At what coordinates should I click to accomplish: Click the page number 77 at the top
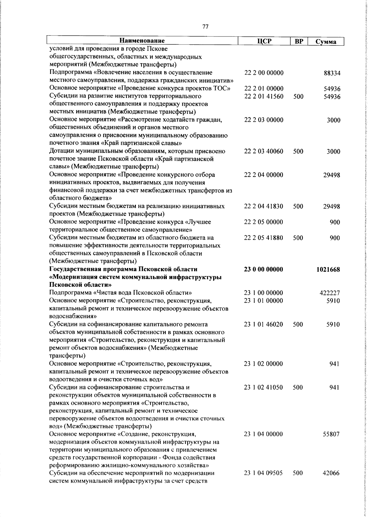pos(205,27)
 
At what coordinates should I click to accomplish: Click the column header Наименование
pos(142,41)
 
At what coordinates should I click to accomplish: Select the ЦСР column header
pos(264,41)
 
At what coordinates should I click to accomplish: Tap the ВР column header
pos(299,41)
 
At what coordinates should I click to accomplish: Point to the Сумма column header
pos(325,42)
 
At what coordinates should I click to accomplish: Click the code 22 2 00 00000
pos(264,73)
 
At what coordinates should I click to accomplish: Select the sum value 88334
pos(332,74)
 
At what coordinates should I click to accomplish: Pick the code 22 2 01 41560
pos(264,97)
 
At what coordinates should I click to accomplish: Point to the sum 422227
pos(330,293)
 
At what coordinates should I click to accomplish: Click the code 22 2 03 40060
pos(264,151)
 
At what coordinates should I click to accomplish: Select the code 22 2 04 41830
pos(264,206)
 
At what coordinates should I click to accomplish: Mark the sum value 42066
pos(331,482)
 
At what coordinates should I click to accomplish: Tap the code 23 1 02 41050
pos(263,387)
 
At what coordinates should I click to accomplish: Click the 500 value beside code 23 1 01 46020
pos(298,324)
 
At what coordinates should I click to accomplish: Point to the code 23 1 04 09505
pos(263,481)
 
